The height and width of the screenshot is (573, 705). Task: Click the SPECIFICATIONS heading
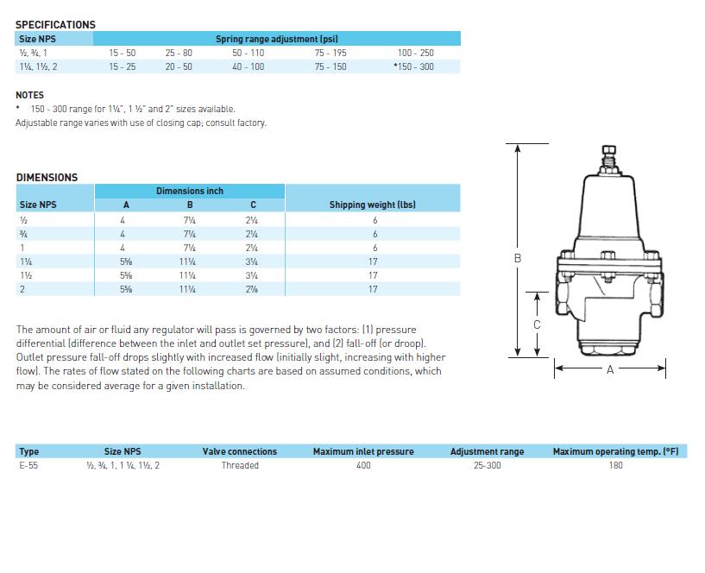pyautogui.click(x=55, y=24)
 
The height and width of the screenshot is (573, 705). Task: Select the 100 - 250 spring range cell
pyautogui.click(x=415, y=53)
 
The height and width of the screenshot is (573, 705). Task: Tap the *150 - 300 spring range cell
pyautogui.click(x=413, y=66)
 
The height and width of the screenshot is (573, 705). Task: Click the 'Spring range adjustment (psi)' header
pyautogui.click(x=276, y=39)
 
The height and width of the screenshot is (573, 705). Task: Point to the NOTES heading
pyautogui.click(x=29, y=95)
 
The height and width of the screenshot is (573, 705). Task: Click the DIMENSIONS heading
pyautogui.click(x=47, y=177)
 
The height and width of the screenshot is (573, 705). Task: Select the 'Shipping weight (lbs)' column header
pyautogui.click(x=372, y=205)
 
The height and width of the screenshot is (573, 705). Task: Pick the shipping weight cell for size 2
pyautogui.click(x=374, y=289)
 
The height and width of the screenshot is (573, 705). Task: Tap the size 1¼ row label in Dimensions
pyautogui.click(x=26, y=261)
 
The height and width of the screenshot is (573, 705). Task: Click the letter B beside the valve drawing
pyautogui.click(x=518, y=258)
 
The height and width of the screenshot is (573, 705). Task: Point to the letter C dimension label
pyautogui.click(x=537, y=324)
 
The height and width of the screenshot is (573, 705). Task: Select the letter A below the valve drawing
pyautogui.click(x=610, y=369)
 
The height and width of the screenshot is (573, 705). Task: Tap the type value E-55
pyautogui.click(x=28, y=465)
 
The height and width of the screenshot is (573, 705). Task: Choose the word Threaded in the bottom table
pyautogui.click(x=240, y=465)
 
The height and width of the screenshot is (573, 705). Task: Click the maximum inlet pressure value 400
pyautogui.click(x=363, y=465)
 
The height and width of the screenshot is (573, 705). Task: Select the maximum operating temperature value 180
pyautogui.click(x=615, y=465)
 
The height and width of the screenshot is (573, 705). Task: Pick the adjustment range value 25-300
pyautogui.click(x=487, y=465)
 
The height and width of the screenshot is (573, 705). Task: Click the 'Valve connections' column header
pyautogui.click(x=240, y=451)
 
